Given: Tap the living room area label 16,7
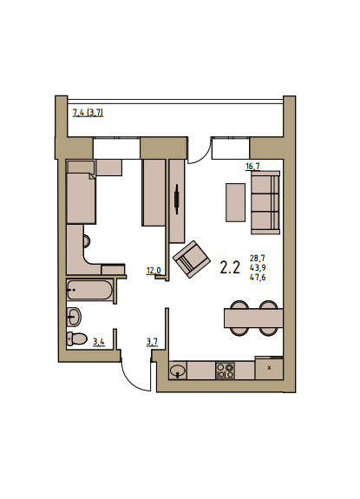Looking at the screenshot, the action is (x=252, y=166).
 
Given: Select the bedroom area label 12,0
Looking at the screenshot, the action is (x=154, y=271).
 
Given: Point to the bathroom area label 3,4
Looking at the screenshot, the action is (x=99, y=342).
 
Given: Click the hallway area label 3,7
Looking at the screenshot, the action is (x=152, y=342).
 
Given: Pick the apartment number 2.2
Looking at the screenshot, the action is (x=230, y=267).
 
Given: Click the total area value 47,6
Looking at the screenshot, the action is (x=258, y=278).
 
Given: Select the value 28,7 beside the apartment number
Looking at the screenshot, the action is (x=258, y=258).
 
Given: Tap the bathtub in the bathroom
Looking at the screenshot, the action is (x=89, y=290).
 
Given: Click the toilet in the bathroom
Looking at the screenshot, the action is (x=77, y=338).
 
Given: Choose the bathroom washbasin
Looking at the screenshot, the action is (x=74, y=317).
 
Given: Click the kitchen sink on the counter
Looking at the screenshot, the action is (x=178, y=370).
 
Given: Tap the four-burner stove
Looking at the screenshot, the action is (x=226, y=370).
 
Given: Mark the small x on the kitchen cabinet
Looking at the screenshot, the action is (x=270, y=368).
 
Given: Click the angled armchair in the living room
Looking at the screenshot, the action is (x=192, y=259).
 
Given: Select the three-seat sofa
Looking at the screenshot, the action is (x=265, y=202).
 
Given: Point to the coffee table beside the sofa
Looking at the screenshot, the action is (x=236, y=202).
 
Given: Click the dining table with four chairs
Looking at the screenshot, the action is (x=253, y=318).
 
